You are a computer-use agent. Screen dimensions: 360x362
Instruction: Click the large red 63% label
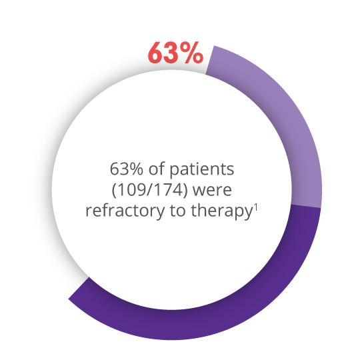(175, 53)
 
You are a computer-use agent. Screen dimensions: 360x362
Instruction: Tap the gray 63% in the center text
(126, 169)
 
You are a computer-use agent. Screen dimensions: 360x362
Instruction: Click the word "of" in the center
(156, 169)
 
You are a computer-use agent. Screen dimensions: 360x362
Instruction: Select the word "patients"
(202, 170)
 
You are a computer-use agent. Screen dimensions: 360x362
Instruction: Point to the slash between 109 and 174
(152, 190)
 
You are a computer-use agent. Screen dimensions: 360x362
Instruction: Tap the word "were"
(212, 191)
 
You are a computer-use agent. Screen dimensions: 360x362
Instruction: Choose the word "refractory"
(125, 211)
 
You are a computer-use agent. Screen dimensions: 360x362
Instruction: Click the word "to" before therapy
(177, 211)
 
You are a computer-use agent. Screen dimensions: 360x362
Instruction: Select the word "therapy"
(221, 211)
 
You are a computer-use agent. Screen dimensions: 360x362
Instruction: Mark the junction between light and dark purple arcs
(306, 206)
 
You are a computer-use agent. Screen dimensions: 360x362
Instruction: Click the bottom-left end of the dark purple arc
(79, 288)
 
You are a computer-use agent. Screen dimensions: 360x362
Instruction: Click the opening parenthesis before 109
(115, 191)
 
